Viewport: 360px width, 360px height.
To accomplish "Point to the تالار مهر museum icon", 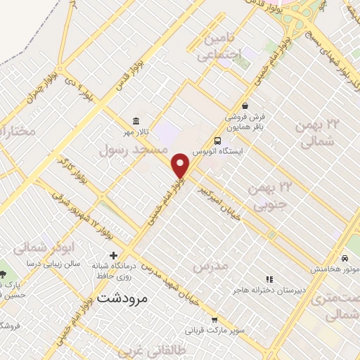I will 136,120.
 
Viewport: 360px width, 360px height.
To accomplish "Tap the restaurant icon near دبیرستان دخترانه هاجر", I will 268,279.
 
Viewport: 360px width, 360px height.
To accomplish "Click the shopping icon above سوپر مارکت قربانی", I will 223,319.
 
